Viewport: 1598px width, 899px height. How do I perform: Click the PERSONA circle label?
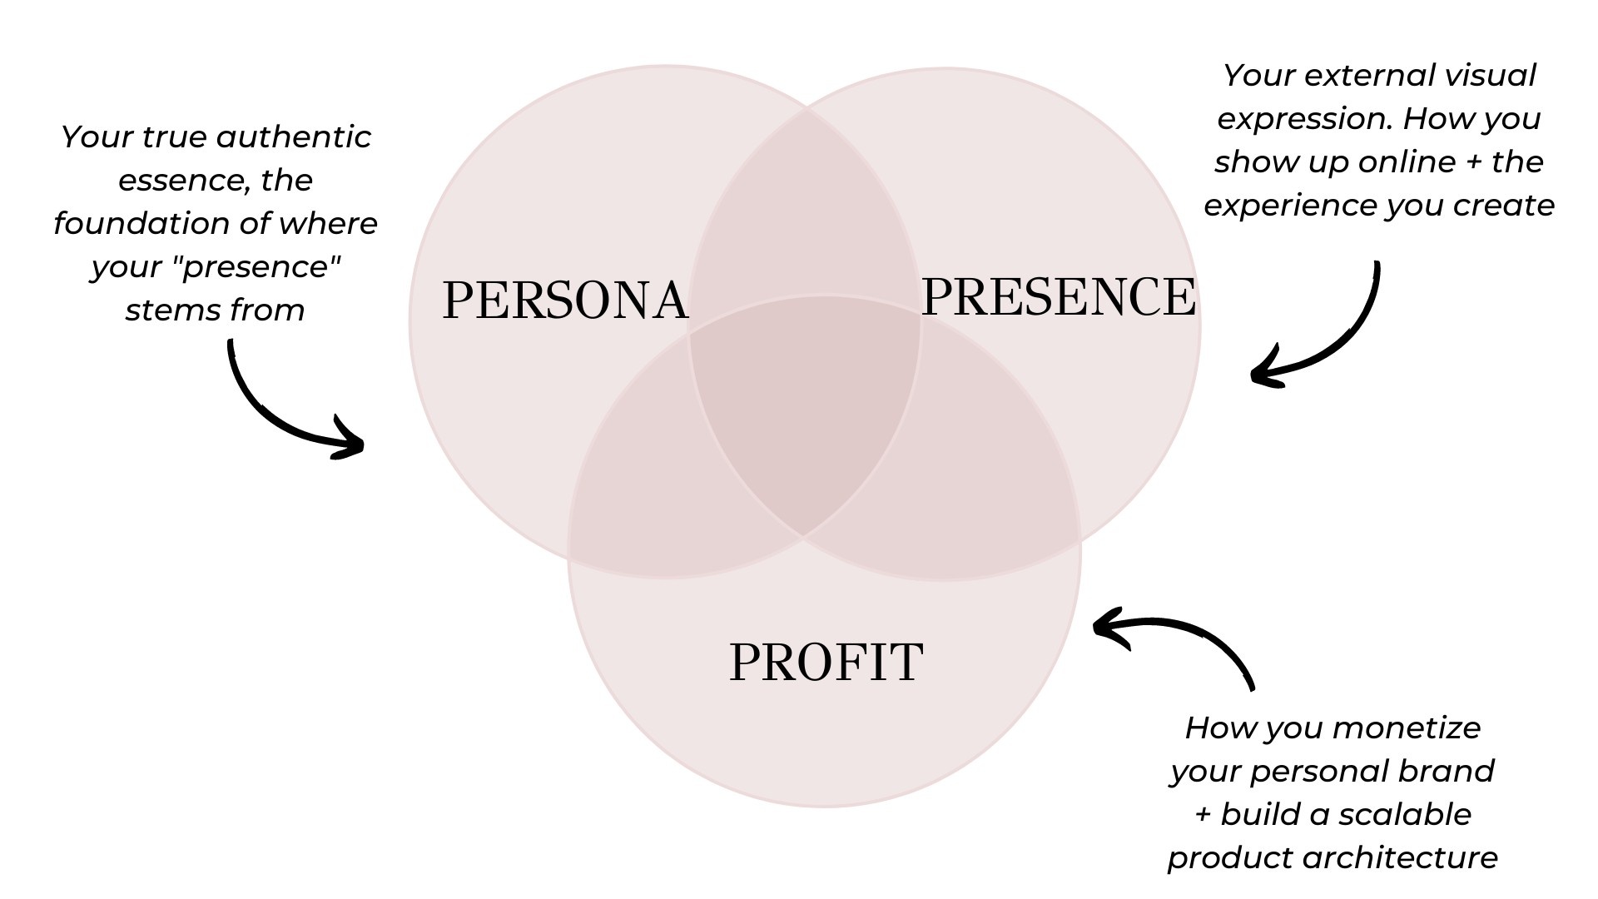pyautogui.click(x=565, y=300)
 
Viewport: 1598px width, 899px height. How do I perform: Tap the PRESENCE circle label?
pyautogui.click(x=1058, y=296)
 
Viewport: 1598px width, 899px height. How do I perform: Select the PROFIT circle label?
pyautogui.click(x=826, y=663)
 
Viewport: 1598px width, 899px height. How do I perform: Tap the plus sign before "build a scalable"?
pyautogui.click(x=1203, y=815)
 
